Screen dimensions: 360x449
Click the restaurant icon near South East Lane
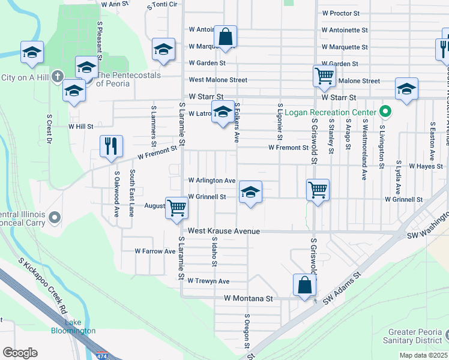(x=111, y=146)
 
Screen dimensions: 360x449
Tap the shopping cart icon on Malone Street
(x=324, y=76)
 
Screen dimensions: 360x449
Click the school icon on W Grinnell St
(x=251, y=192)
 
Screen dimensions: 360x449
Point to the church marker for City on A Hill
(x=57, y=76)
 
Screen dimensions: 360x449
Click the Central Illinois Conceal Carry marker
(x=55, y=217)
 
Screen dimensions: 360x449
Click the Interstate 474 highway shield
(x=103, y=355)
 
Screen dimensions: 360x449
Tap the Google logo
(x=20, y=353)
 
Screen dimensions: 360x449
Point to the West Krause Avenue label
(x=223, y=231)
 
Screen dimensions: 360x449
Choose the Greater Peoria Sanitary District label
(x=416, y=336)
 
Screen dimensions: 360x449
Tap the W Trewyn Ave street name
(x=208, y=281)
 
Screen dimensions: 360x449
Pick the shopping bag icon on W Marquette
(x=226, y=37)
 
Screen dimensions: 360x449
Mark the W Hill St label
(x=81, y=127)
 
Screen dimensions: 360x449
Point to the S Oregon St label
(x=246, y=330)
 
